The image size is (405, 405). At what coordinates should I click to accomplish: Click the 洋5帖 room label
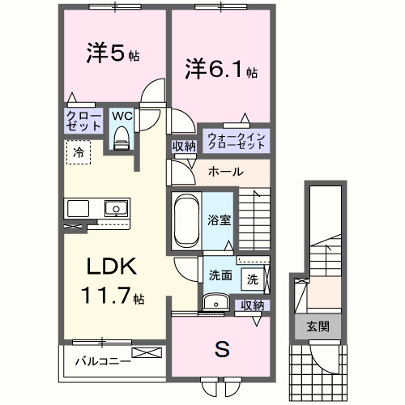pyautogui.click(x=113, y=55)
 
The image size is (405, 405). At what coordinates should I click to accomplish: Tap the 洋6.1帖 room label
pyautogui.click(x=219, y=70)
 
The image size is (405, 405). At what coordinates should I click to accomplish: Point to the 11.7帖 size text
pyautogui.click(x=112, y=296)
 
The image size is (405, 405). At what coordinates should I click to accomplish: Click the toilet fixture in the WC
pyautogui.click(x=121, y=139)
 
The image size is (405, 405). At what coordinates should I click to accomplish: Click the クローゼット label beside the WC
pyautogui.click(x=84, y=122)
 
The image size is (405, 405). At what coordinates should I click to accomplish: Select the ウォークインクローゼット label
pyautogui.click(x=236, y=140)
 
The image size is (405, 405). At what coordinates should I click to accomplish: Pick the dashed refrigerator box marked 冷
pyautogui.click(x=79, y=151)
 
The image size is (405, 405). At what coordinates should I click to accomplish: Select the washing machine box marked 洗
pyautogui.click(x=253, y=279)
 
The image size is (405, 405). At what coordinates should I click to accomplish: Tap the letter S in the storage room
pyautogui.click(x=220, y=350)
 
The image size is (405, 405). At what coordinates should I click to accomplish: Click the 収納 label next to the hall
pyautogui.click(x=183, y=146)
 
